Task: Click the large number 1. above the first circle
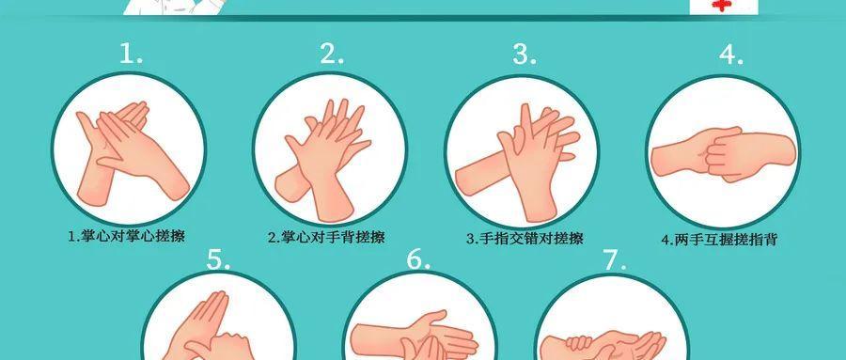click(x=131, y=54)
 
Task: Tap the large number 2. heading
click(x=332, y=54)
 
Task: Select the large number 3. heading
click(x=525, y=54)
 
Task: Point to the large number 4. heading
click(x=731, y=55)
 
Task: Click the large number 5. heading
click(x=219, y=259)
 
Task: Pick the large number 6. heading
click(x=418, y=259)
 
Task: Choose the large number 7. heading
click(x=615, y=260)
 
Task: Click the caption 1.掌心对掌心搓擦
click(x=126, y=236)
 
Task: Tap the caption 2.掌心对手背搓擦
click(x=326, y=237)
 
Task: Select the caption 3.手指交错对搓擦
click(x=525, y=238)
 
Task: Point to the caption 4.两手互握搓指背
click(x=719, y=239)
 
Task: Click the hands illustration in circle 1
click(x=131, y=153)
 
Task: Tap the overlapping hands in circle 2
click(x=322, y=160)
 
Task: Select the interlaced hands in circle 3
click(x=518, y=163)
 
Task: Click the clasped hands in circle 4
click(x=724, y=154)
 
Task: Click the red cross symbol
click(x=720, y=6)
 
